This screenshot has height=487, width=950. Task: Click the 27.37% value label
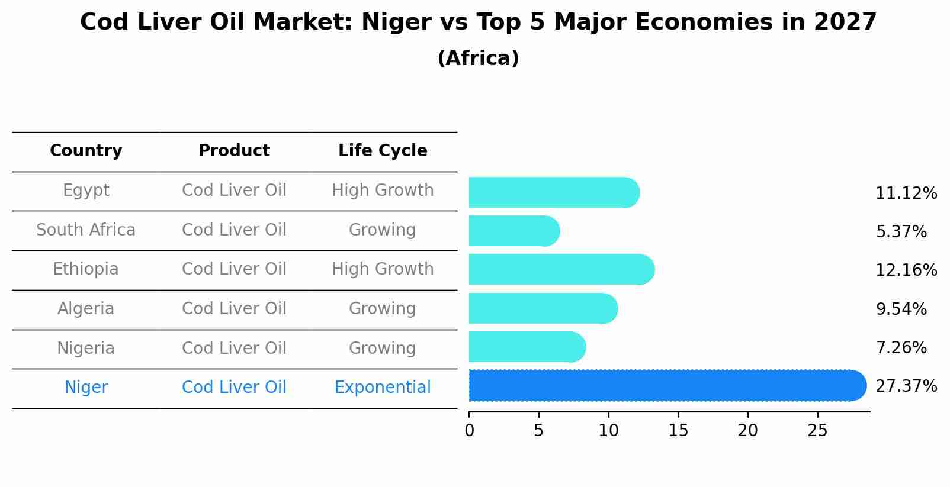(x=906, y=386)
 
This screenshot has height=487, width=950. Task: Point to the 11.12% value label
(x=906, y=193)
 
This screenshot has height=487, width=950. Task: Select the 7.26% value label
(x=900, y=347)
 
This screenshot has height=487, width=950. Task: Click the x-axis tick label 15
(x=678, y=431)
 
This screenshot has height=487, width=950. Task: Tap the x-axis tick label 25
(x=817, y=431)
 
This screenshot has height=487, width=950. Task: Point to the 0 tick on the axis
(x=469, y=431)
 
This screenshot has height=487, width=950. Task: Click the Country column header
(x=86, y=151)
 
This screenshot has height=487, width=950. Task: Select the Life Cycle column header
(x=383, y=151)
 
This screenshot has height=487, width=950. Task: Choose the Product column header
(x=234, y=151)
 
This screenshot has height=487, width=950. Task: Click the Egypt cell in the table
(x=86, y=191)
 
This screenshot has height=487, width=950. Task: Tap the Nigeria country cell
(x=86, y=348)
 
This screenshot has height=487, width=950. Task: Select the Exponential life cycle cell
(x=383, y=388)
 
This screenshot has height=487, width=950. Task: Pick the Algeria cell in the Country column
(x=86, y=309)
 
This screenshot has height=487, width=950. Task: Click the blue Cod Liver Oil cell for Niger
(x=234, y=388)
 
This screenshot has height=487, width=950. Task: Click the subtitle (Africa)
(x=478, y=59)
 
